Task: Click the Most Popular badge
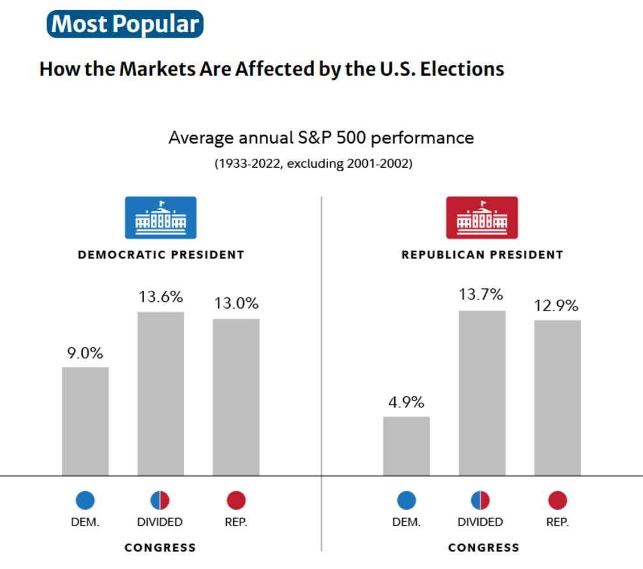pyautogui.click(x=125, y=24)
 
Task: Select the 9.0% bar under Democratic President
pyautogui.click(x=85, y=421)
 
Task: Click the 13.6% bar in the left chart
pyautogui.click(x=161, y=394)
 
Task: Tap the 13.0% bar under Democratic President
pyautogui.click(x=236, y=397)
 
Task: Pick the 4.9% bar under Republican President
pyautogui.click(x=406, y=446)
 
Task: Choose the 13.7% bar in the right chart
pyautogui.click(x=482, y=393)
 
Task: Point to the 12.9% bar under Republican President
pyautogui.click(x=557, y=397)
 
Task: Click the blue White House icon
pyautogui.click(x=161, y=218)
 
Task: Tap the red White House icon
pyautogui.click(x=482, y=218)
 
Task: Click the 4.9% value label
pyautogui.click(x=406, y=403)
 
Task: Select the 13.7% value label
pyautogui.click(x=482, y=295)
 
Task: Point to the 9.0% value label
pyautogui.click(x=85, y=353)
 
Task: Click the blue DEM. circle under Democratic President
pyautogui.click(x=85, y=501)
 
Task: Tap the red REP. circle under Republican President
pyautogui.click(x=557, y=501)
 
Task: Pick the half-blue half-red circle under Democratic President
pyautogui.click(x=160, y=501)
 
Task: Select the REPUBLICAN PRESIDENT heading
pyautogui.click(x=482, y=255)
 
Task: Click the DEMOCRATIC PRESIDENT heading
pyautogui.click(x=161, y=255)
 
